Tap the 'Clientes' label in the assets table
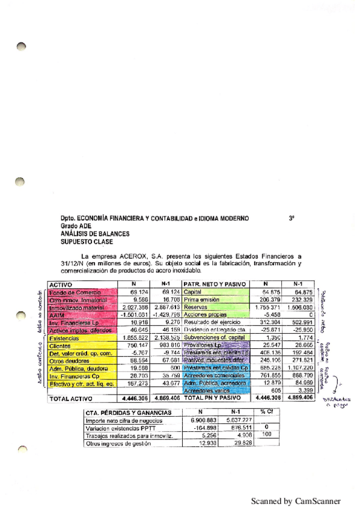click(x=60, y=346)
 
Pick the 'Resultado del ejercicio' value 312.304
click(x=263, y=322)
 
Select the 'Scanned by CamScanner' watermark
click(x=295, y=501)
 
